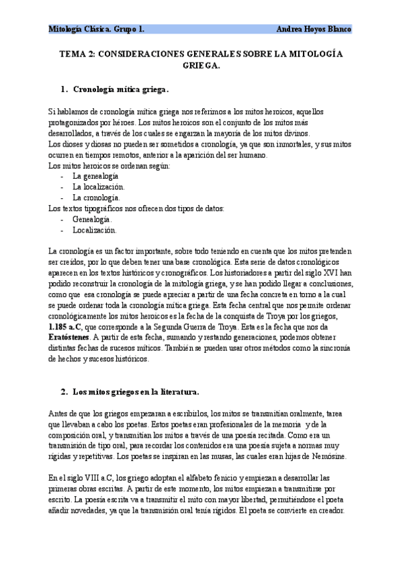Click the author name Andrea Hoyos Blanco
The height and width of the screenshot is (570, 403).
(x=314, y=29)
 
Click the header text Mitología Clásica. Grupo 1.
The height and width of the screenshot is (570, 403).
(x=97, y=29)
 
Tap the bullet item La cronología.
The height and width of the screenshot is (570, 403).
(x=96, y=198)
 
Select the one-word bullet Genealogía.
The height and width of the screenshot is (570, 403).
(x=93, y=219)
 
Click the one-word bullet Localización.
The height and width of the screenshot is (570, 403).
(x=95, y=230)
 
